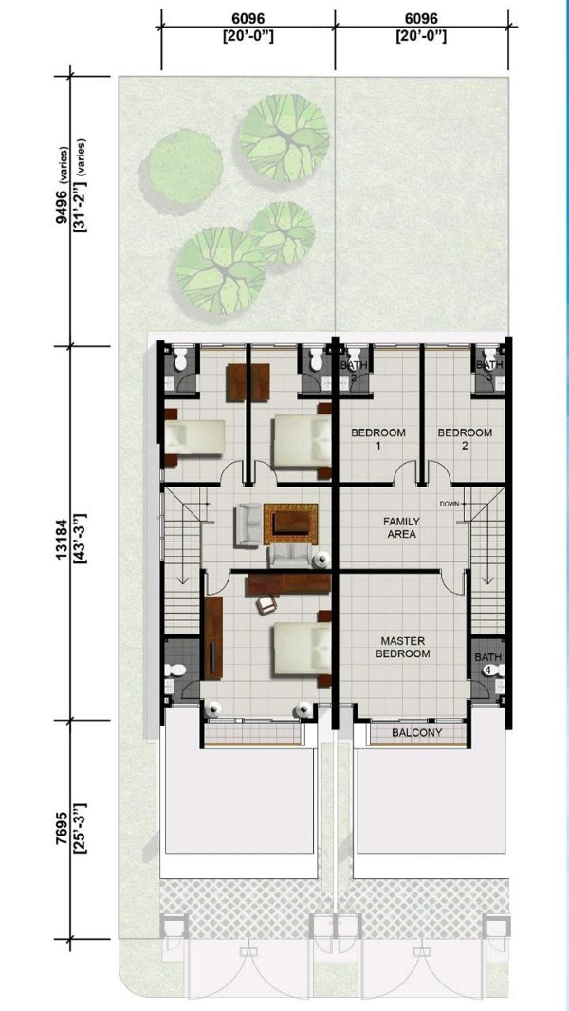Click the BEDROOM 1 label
[378, 438]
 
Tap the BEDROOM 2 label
[465, 438]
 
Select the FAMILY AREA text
[401, 526]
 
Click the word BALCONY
[417, 732]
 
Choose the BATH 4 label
[487, 664]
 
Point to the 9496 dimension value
[63, 206]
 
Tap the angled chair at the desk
[266, 603]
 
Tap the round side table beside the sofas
[321, 560]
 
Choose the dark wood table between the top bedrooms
[248, 382]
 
